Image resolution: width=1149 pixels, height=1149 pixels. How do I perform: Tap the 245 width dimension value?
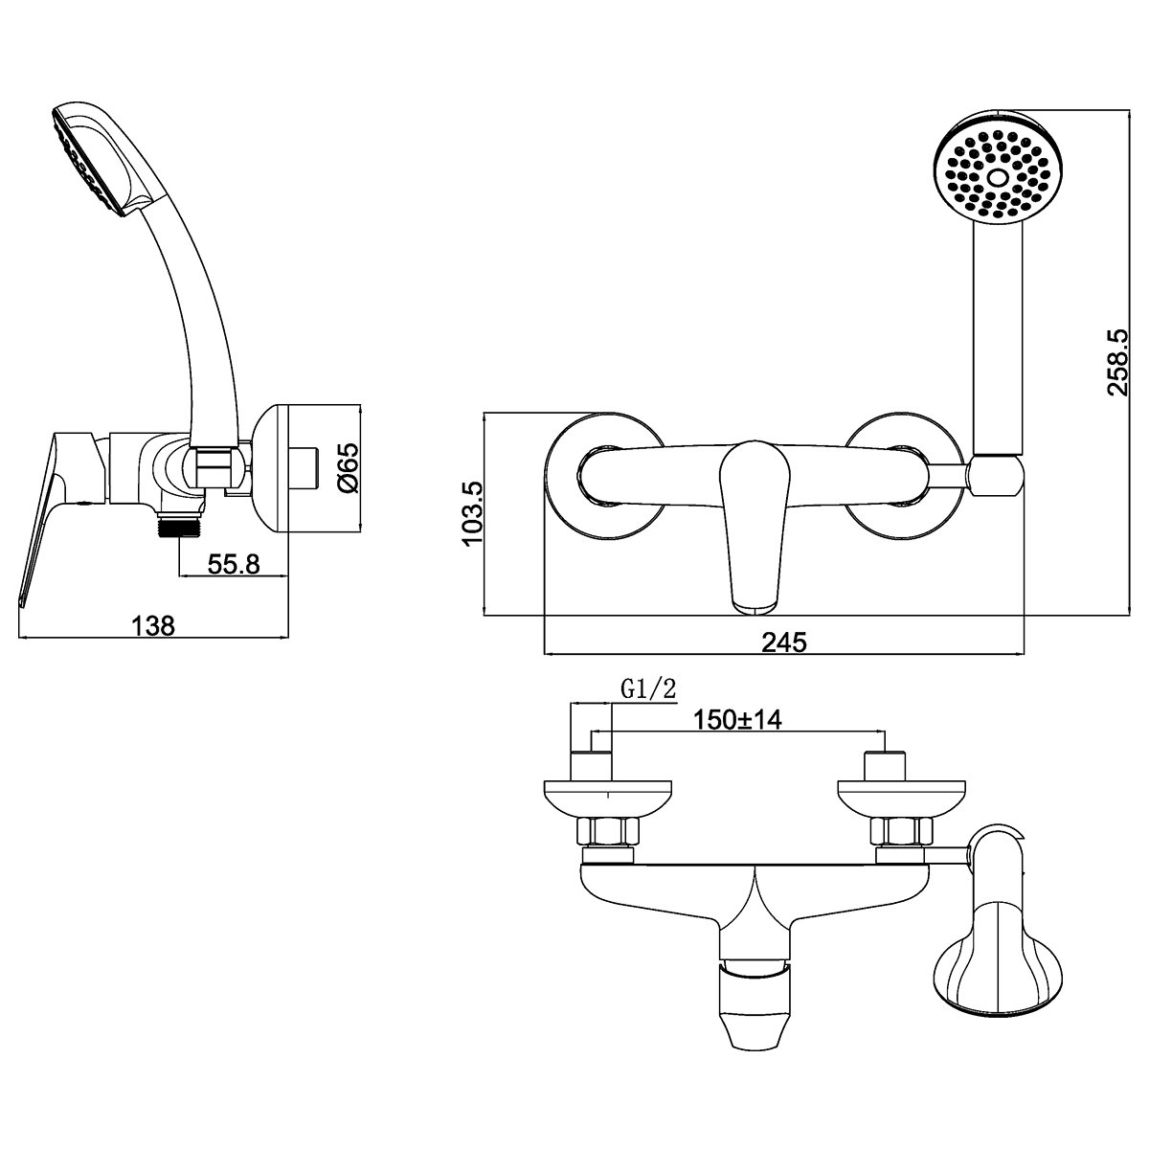784,642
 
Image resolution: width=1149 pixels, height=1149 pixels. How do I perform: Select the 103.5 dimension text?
474,514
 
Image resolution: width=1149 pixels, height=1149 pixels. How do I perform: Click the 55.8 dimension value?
235,564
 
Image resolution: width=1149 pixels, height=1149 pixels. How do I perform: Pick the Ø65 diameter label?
348,467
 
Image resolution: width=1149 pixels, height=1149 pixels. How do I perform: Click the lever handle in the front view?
754,522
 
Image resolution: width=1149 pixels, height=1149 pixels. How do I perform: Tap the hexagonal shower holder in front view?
997,476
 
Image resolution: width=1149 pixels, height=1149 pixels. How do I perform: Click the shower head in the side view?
91,158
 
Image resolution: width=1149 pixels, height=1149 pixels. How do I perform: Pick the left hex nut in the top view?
605,831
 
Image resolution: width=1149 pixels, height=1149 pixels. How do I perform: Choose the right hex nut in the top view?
898,831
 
